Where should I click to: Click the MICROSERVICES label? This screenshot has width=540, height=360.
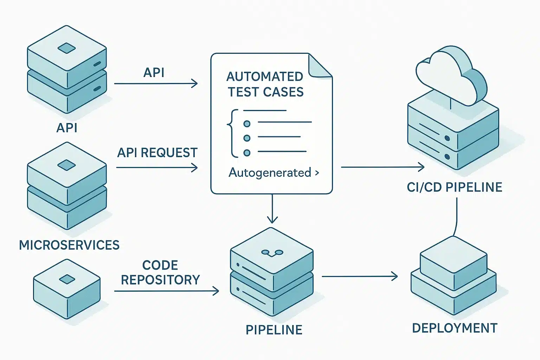point(69,245)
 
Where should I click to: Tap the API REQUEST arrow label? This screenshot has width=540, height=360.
point(157,153)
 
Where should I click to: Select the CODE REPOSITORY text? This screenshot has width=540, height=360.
point(160,272)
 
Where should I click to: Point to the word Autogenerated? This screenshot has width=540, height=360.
point(270,173)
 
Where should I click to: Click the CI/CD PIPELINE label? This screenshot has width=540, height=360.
point(454,187)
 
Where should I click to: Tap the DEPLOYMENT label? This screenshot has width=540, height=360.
point(455,328)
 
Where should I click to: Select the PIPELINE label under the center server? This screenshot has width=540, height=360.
point(274,330)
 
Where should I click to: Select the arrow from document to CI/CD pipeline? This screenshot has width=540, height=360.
point(382,167)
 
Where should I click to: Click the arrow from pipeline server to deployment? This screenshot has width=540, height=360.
point(359,276)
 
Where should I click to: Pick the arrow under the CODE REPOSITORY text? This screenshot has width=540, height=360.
point(166,291)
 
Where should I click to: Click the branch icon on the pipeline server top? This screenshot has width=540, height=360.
point(272,252)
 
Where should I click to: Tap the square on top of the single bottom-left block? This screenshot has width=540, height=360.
point(67,279)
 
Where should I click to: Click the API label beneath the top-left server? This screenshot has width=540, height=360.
point(67,128)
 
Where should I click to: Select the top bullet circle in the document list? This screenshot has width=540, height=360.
point(247,124)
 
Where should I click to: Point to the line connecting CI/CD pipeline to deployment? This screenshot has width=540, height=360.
point(456,216)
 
